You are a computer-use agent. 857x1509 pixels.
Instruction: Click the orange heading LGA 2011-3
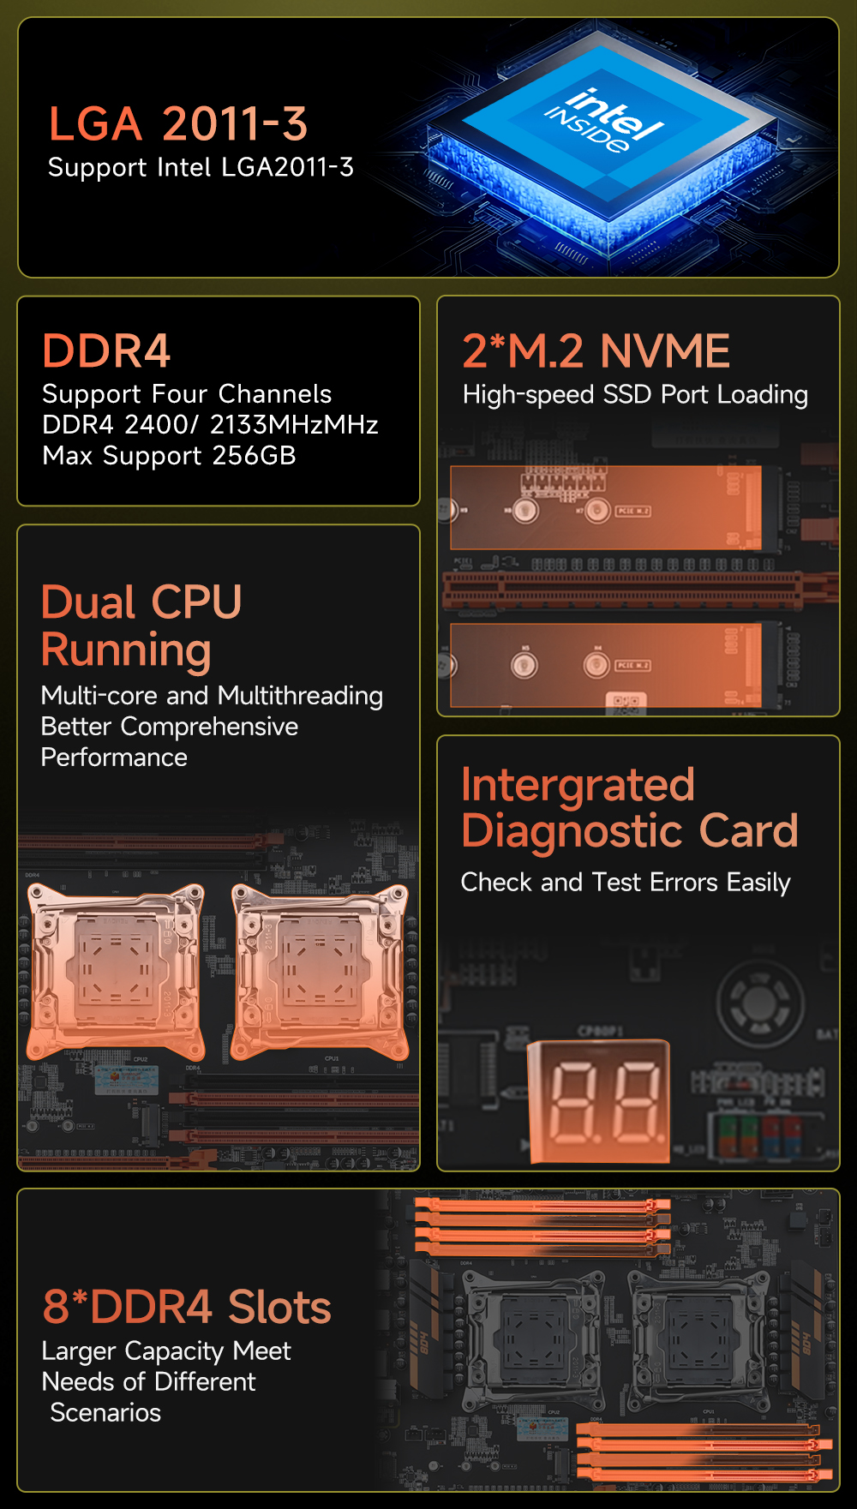click(177, 124)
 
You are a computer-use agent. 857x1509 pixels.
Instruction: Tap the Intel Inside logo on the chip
click(605, 121)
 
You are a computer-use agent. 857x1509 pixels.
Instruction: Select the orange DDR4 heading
click(106, 350)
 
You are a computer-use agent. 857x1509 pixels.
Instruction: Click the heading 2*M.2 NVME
click(596, 350)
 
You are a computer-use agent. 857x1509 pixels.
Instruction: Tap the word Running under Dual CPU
click(126, 650)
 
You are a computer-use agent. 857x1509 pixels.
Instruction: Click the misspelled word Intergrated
click(578, 786)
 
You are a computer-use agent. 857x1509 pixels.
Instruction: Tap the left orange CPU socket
click(116, 971)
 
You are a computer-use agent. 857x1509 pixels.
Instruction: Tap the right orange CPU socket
click(320, 971)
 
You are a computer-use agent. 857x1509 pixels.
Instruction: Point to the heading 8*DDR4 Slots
click(187, 1308)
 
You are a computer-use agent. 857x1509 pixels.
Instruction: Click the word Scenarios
click(105, 1412)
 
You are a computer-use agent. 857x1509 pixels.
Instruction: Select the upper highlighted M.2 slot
click(606, 508)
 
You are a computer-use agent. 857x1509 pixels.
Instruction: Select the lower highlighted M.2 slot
click(606, 666)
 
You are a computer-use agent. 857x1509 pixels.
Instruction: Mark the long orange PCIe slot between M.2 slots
click(623, 590)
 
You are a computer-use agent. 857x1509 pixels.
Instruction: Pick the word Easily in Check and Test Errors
click(758, 883)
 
